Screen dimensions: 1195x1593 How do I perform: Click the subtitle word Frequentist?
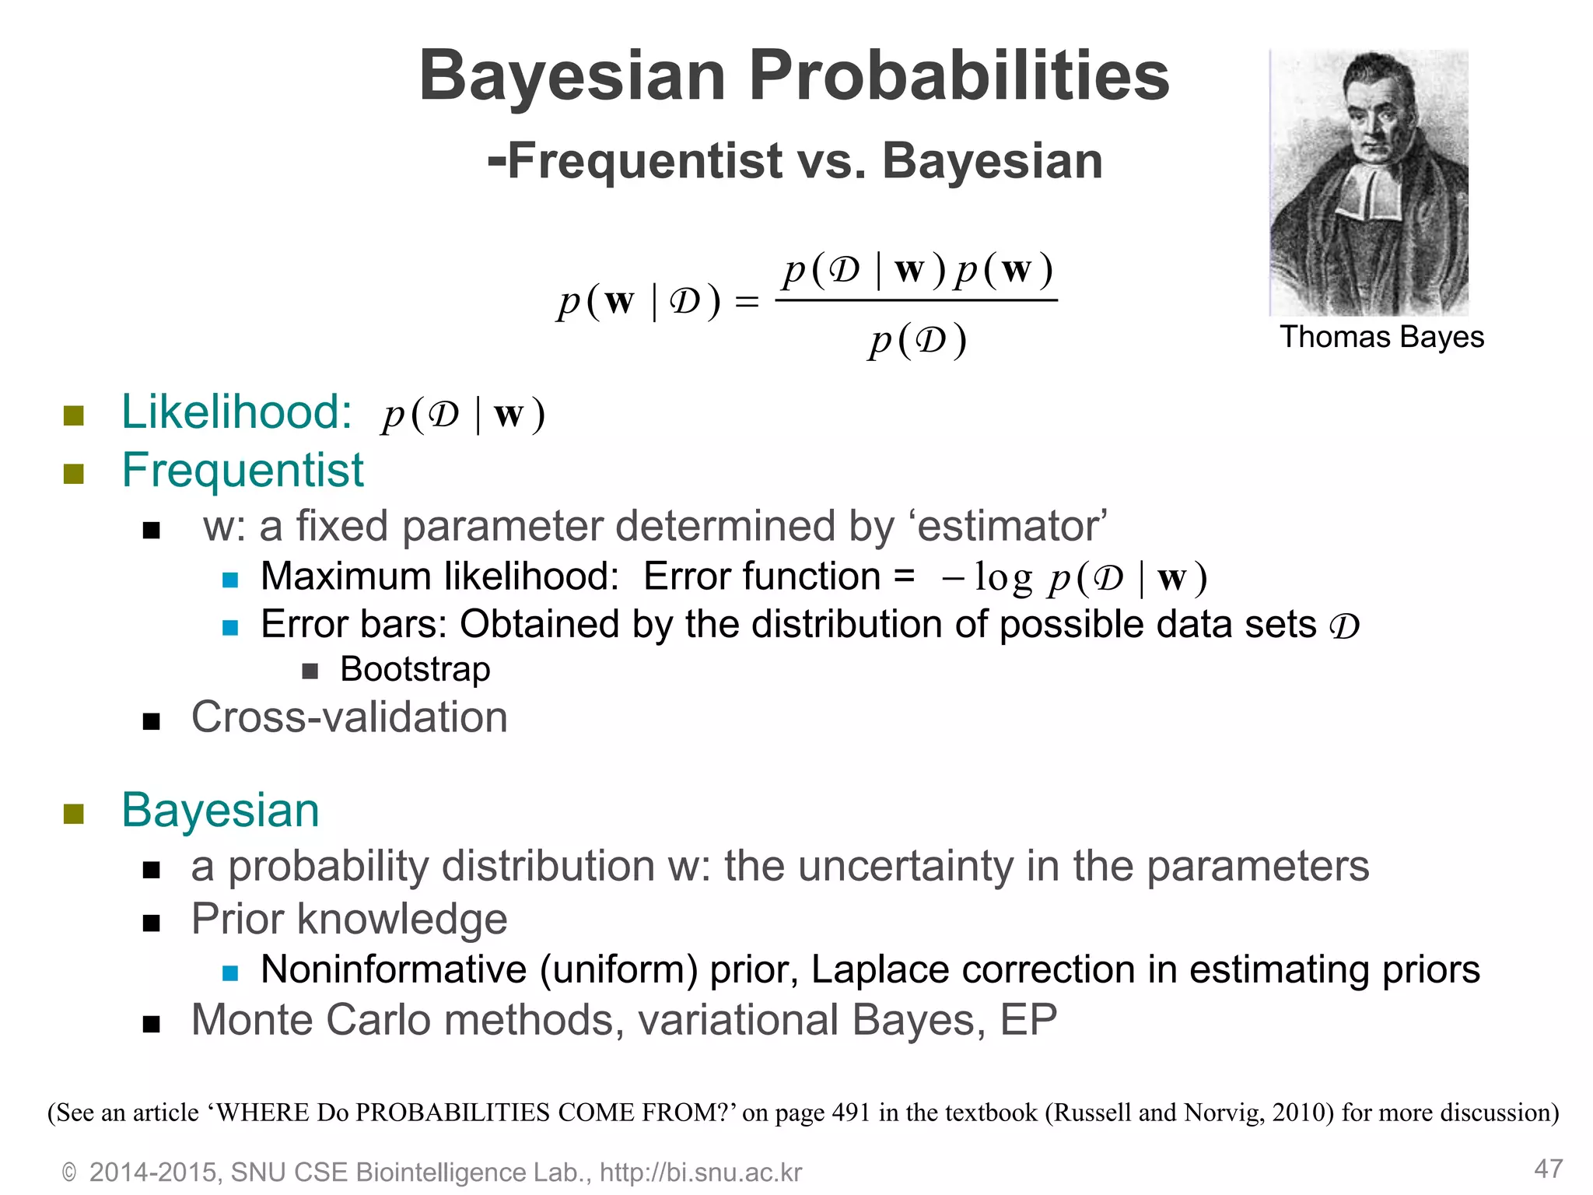click(644, 161)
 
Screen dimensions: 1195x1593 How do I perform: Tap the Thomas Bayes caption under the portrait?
click(1381, 338)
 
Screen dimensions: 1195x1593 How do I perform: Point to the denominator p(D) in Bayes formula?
click(918, 341)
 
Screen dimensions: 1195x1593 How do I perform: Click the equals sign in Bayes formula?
click(747, 303)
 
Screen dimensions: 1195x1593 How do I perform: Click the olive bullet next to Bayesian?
click(74, 814)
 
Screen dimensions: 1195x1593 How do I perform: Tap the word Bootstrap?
click(415, 670)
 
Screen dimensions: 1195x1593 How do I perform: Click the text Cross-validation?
click(349, 717)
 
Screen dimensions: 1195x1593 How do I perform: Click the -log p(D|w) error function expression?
click(1073, 578)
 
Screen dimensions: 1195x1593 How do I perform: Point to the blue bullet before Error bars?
click(230, 627)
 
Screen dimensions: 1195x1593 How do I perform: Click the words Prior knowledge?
click(349, 920)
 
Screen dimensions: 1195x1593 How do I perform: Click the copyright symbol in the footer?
click(69, 1173)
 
